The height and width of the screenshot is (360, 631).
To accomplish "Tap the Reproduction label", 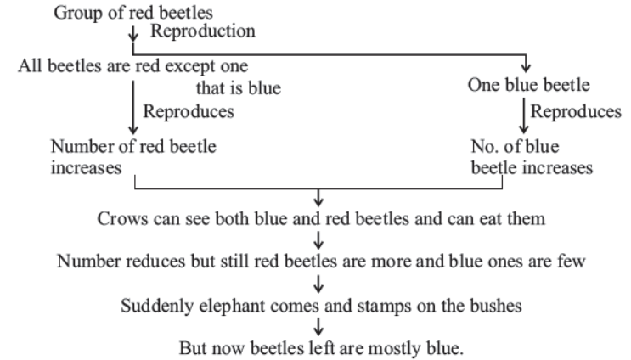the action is click(x=203, y=31).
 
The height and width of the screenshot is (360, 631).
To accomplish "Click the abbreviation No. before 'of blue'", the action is click(x=485, y=146).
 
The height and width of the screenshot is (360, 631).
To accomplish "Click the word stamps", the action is click(x=385, y=307).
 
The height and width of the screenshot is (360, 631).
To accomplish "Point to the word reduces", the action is click(x=155, y=262).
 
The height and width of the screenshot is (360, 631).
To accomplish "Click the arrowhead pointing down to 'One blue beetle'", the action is click(x=526, y=67).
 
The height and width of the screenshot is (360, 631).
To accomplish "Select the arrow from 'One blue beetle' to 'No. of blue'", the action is click(x=523, y=115).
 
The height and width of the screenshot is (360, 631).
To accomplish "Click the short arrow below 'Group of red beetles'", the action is click(x=132, y=33).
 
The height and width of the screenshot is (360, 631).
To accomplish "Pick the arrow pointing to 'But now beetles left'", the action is click(x=318, y=327).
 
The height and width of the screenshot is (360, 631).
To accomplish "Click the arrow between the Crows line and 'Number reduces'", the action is click(x=318, y=239).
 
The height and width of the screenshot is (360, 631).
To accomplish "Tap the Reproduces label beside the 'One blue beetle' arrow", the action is click(x=576, y=112).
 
